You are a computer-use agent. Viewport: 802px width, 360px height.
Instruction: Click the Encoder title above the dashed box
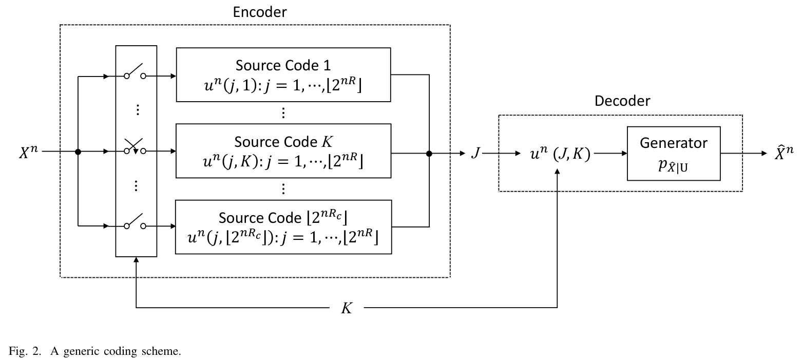259,12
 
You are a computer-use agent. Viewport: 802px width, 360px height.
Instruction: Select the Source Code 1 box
283,74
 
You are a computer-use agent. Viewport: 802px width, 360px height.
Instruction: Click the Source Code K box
283,150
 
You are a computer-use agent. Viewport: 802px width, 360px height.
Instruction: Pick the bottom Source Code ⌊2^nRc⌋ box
283,226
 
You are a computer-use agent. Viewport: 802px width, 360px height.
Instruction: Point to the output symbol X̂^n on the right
784,152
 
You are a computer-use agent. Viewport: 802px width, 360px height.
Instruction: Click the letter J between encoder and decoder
475,153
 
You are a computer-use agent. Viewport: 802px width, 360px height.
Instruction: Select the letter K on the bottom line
347,309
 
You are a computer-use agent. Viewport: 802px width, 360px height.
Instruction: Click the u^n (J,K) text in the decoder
560,153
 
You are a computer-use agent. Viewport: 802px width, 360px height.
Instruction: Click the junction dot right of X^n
78,152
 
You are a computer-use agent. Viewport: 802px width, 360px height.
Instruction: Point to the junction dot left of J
429,153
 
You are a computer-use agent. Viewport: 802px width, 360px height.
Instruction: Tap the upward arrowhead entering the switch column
136,260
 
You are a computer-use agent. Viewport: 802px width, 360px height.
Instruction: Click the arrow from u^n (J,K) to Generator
610,153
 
